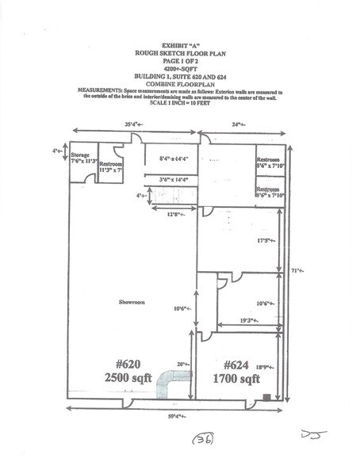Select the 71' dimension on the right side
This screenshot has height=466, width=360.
(x=299, y=269)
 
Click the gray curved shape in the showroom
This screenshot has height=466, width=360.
(x=170, y=385)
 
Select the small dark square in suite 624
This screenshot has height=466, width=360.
(x=267, y=395)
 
